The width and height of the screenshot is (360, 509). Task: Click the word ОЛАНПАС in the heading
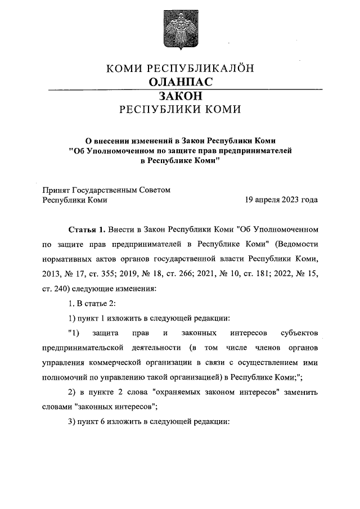[180, 82]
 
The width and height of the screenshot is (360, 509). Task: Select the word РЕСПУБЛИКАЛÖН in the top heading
[200, 69]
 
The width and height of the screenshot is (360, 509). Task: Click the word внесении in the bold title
[114, 139]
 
